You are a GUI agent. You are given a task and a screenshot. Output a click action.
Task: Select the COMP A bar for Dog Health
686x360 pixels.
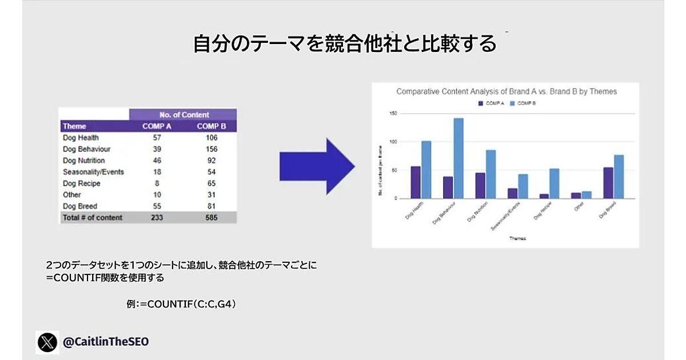tap(416, 182)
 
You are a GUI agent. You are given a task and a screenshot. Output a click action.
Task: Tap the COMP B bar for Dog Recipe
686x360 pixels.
tap(555, 183)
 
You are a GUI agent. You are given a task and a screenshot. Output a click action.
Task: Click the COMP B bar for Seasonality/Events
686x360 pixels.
tap(523, 186)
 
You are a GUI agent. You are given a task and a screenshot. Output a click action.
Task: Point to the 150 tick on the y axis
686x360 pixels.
tap(392, 113)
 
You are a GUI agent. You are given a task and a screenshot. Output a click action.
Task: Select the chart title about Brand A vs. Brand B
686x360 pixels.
tap(506, 91)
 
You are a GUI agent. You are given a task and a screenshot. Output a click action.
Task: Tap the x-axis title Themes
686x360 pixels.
tap(518, 238)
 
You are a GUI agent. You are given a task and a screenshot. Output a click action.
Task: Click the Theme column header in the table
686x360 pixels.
tap(75, 126)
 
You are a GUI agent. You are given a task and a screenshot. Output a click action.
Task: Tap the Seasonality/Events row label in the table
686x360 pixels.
tap(93, 172)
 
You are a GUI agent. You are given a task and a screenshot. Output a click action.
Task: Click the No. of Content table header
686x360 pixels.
tap(184, 115)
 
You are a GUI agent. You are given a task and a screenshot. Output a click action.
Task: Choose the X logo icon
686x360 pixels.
tap(48, 342)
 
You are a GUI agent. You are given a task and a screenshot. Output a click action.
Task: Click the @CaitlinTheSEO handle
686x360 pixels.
tap(106, 342)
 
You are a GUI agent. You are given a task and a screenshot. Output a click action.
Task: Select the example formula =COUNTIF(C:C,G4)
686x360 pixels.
tap(181, 305)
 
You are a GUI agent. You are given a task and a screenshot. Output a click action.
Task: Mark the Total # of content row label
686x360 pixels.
tap(93, 218)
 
